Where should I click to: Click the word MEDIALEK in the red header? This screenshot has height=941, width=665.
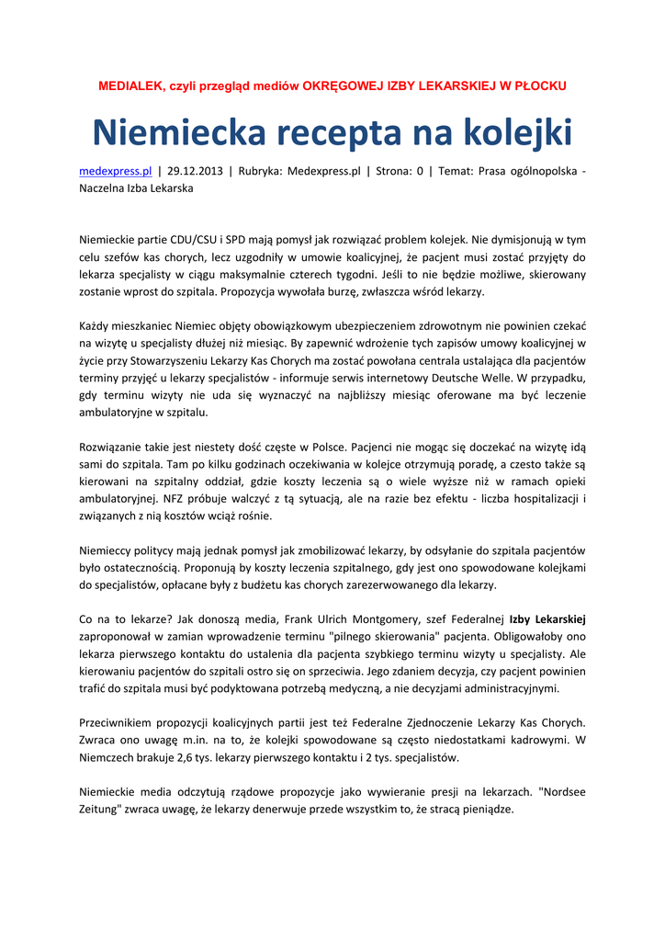click(x=129, y=85)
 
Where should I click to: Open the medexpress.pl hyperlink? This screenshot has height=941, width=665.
click(x=115, y=171)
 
